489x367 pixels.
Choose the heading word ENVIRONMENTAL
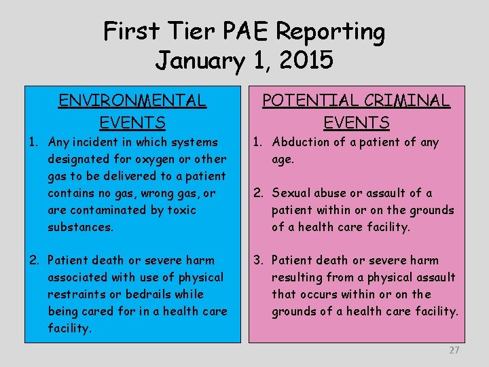tap(132, 101)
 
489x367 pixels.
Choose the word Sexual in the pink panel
tap(292, 193)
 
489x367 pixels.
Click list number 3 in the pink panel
tap(257, 260)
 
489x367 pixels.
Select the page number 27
tap(454, 350)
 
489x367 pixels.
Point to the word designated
tap(79, 159)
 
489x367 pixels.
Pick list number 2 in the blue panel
tap(33, 260)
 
